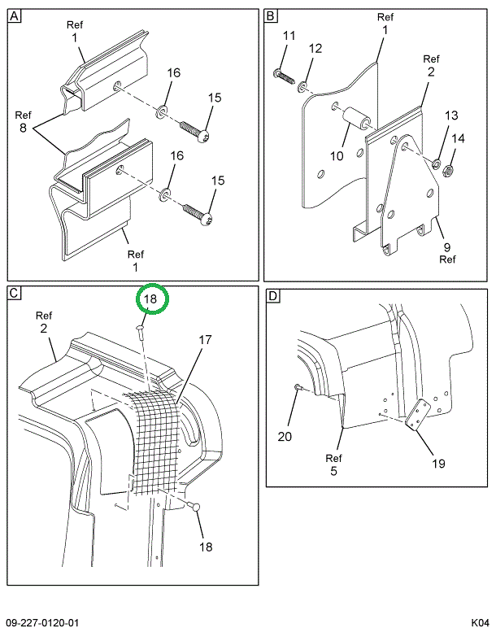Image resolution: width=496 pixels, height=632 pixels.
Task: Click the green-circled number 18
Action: click(x=150, y=300)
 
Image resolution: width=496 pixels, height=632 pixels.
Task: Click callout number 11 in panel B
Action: click(x=289, y=36)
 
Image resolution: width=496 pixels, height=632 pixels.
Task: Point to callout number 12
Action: click(x=315, y=50)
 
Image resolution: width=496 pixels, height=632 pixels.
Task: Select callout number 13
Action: click(x=450, y=116)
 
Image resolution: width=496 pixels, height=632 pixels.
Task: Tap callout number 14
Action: click(x=459, y=138)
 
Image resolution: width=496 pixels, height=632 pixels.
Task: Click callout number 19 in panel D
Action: click(x=437, y=464)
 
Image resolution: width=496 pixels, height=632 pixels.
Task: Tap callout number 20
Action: click(x=284, y=436)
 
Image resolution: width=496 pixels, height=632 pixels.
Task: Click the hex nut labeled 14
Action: click(x=452, y=172)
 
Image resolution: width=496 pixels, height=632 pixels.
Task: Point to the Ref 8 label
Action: click(x=23, y=122)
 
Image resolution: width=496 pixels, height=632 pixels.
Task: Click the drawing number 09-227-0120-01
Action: click(x=42, y=622)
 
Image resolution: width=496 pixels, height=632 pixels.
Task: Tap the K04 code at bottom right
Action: click(x=479, y=622)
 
